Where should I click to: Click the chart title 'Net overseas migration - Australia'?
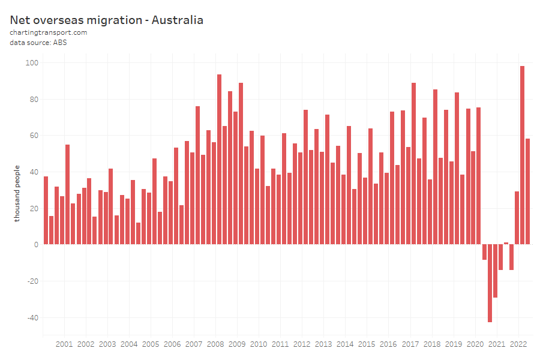tap(106, 20)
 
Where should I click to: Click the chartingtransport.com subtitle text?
tap(49, 32)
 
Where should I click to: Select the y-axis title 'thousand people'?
tap(17, 193)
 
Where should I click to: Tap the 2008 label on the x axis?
tap(215, 344)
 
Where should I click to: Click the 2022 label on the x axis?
tap(518, 344)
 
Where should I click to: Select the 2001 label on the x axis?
tap(64, 344)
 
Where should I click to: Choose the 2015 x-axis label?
tap(367, 344)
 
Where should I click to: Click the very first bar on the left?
tap(46, 210)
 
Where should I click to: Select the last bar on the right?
tap(527, 191)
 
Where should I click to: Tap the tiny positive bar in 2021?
tap(506, 244)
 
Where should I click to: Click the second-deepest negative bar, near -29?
tap(495, 271)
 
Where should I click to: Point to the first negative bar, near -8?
tap(484, 252)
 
